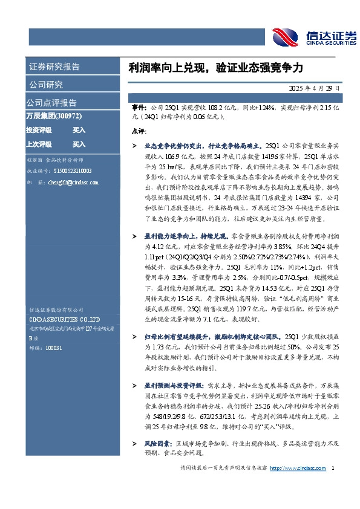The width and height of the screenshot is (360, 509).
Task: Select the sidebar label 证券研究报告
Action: tap(54, 66)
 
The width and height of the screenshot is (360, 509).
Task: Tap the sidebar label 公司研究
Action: tap(45, 85)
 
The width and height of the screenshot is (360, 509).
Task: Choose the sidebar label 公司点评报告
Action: tap(51, 102)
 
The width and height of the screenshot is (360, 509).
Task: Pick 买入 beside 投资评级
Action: tap(79, 130)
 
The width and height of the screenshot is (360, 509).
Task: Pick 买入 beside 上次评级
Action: tap(79, 144)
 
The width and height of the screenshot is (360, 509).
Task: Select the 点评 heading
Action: tap(138, 131)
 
